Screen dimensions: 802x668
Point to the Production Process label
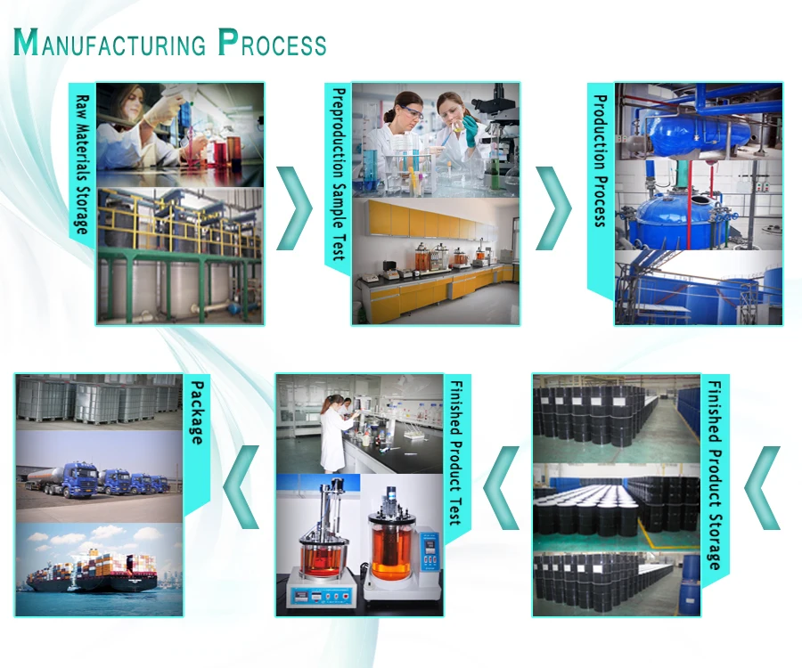(x=601, y=161)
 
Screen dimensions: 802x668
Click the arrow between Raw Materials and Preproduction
(x=295, y=206)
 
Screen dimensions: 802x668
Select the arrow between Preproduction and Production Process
(x=555, y=206)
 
